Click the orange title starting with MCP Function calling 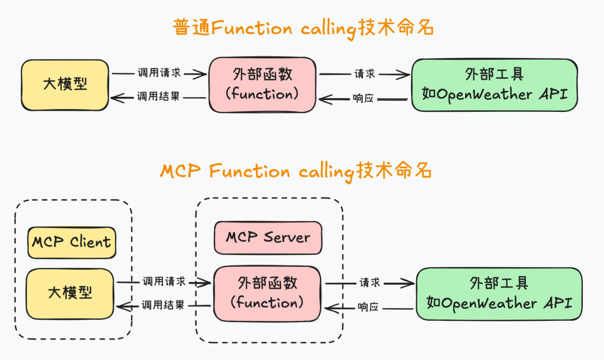[296, 171]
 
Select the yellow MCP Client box [71, 243]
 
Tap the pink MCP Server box [268, 237]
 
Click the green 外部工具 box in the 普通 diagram [494, 84]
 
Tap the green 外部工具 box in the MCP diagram [499, 293]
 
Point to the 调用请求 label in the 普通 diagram [159, 73]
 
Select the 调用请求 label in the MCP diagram [163, 282]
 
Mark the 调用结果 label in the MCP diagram [163, 305]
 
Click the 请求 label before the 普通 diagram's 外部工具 [364, 74]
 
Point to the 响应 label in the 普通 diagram [364, 98]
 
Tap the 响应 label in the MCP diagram [369, 307]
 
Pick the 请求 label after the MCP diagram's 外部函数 [370, 283]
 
